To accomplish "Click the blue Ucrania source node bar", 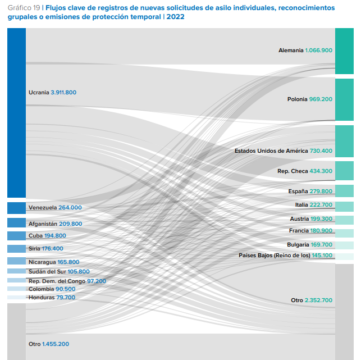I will (16, 112).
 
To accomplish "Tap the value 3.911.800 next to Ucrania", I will (63, 92).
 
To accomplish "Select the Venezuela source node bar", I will (16, 208).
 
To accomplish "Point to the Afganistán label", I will (43, 224).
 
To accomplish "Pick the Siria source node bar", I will (16, 249).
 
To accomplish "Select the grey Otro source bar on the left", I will (16, 331).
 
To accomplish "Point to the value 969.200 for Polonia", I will (321, 99).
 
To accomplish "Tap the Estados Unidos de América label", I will (271, 151).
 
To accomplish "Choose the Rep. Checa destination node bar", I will (344, 171).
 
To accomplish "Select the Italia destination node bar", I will (344, 206).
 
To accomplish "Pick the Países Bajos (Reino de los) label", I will (275, 256).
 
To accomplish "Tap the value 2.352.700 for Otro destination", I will (318, 300).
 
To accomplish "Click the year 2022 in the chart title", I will (175, 17).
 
